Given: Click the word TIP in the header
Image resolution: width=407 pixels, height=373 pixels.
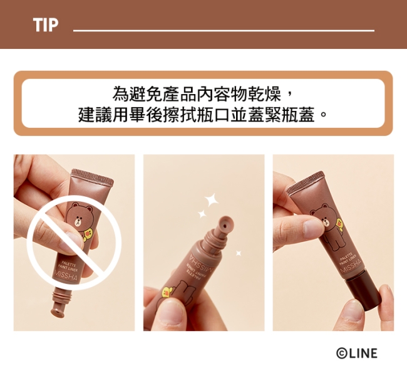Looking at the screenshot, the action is click(46, 25).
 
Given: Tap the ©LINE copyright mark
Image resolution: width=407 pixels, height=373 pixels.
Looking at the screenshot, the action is click(357, 353).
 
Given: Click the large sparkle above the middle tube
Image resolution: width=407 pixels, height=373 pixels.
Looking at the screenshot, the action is click(211, 199).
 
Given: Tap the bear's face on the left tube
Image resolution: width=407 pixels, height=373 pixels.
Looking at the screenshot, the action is click(78, 214).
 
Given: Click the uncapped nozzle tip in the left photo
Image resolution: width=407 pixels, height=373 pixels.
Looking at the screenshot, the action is click(58, 309).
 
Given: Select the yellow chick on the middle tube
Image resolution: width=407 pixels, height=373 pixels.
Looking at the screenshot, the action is click(167, 292).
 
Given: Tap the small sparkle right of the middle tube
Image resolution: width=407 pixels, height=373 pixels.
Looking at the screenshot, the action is click(239, 253).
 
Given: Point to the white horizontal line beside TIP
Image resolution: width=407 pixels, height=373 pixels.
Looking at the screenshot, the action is click(224, 31).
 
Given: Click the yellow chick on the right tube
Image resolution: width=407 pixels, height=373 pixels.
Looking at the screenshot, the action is click(339, 223).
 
